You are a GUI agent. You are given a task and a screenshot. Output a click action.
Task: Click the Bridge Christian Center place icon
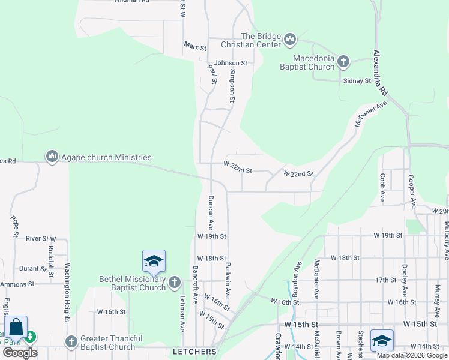tap(290, 40)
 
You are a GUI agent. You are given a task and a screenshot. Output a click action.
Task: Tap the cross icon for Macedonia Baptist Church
tap(343, 62)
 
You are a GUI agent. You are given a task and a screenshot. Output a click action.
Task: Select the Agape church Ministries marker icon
tap(52, 157)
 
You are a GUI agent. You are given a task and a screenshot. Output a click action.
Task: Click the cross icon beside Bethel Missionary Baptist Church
tap(175, 282)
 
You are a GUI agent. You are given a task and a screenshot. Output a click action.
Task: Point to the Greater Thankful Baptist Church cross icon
tap(71, 341)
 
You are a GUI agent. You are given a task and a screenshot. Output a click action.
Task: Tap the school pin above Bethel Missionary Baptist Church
tap(154, 262)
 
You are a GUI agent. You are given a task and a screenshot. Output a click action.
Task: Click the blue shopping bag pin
tap(16, 328)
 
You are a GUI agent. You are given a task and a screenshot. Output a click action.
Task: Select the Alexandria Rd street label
tap(381, 74)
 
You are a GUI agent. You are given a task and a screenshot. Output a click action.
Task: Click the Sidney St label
tap(357, 80)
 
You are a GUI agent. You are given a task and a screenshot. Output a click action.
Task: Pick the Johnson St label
tap(231, 63)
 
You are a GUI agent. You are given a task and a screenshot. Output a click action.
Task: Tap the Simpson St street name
tap(232, 86)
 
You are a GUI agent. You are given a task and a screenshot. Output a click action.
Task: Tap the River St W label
tap(40, 238)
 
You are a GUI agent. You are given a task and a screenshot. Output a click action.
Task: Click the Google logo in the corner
tap(20, 353)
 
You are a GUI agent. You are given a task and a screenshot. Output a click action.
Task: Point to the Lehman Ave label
tap(182, 313)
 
